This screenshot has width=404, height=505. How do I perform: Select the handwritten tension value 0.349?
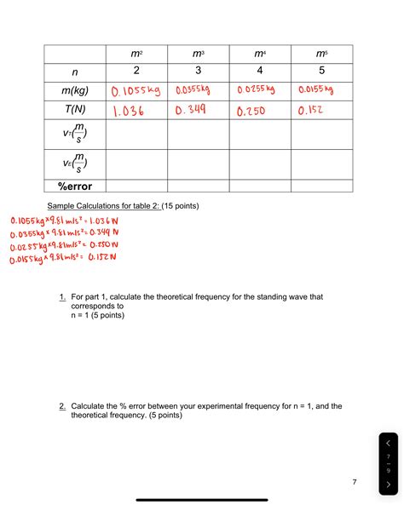click(193, 111)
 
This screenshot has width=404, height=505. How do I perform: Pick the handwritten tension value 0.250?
click(254, 111)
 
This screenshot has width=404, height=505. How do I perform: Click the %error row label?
click(75, 187)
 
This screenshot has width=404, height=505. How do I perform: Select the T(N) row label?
click(75, 111)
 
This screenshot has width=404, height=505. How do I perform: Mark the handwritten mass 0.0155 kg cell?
click(315, 91)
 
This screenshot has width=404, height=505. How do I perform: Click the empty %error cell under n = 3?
click(199, 187)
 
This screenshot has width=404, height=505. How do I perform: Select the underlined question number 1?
click(62, 296)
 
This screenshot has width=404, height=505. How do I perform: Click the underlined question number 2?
click(62, 407)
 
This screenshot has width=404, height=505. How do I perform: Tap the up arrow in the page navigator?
click(388, 444)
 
